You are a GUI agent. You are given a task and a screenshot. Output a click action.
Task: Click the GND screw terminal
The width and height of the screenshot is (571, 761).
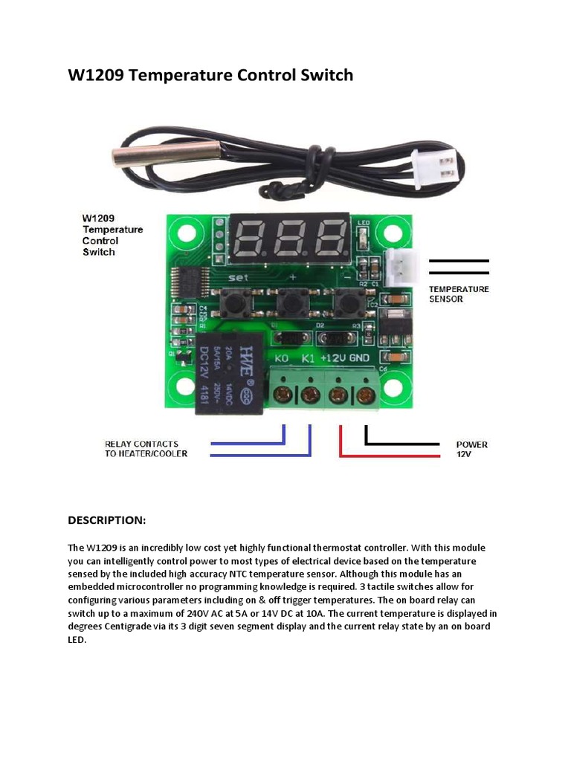click(x=365, y=395)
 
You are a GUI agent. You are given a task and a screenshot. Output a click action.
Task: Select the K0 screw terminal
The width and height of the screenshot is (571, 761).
click(x=283, y=395)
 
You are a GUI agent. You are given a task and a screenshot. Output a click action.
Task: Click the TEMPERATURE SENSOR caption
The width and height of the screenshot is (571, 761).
click(x=459, y=294)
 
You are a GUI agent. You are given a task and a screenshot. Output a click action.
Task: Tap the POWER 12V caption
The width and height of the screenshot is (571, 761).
click(x=471, y=449)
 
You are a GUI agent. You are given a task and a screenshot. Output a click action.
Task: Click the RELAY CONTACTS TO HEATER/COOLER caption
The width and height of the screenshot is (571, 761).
click(x=146, y=449)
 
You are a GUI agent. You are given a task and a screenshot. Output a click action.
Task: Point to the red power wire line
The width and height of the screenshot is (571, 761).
click(x=387, y=453)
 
